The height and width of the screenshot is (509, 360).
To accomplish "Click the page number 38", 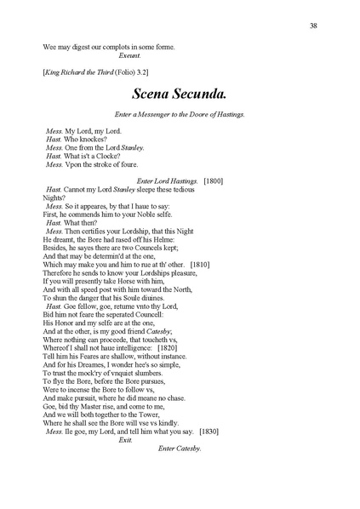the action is pos(315,26).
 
